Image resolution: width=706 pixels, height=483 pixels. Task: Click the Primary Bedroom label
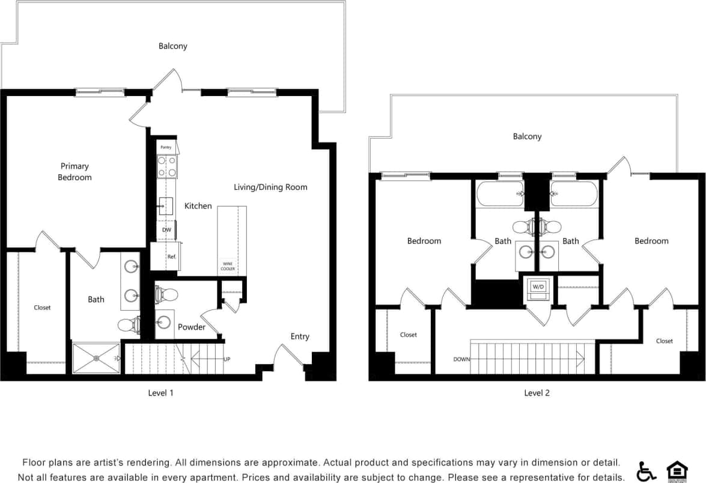[75, 172]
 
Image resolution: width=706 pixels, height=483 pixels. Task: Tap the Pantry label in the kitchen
[166, 147]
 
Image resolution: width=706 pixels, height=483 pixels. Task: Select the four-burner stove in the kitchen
[167, 166]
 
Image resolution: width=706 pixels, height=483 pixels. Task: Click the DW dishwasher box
[166, 230]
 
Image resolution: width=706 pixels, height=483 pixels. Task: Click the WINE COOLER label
[228, 266]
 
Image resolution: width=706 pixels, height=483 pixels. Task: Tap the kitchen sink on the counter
[165, 206]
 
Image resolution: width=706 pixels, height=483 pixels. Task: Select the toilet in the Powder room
[167, 295]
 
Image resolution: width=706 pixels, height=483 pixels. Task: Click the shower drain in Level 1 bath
[97, 358]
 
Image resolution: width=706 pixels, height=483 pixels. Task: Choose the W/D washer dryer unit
[537, 287]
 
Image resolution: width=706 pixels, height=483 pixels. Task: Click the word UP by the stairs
[227, 359]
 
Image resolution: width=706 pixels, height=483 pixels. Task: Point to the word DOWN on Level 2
[462, 359]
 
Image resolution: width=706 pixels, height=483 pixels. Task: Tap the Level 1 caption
[160, 393]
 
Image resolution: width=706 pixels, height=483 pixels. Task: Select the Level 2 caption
[537, 393]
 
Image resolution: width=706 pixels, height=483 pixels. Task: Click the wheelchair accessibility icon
[647, 471]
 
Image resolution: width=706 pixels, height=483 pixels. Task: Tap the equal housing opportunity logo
[677, 471]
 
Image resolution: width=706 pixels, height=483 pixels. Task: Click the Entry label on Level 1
[300, 336]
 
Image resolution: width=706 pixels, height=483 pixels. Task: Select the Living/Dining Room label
[270, 187]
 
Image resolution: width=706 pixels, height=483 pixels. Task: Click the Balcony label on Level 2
[527, 136]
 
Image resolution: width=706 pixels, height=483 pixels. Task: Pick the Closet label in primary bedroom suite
[42, 308]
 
